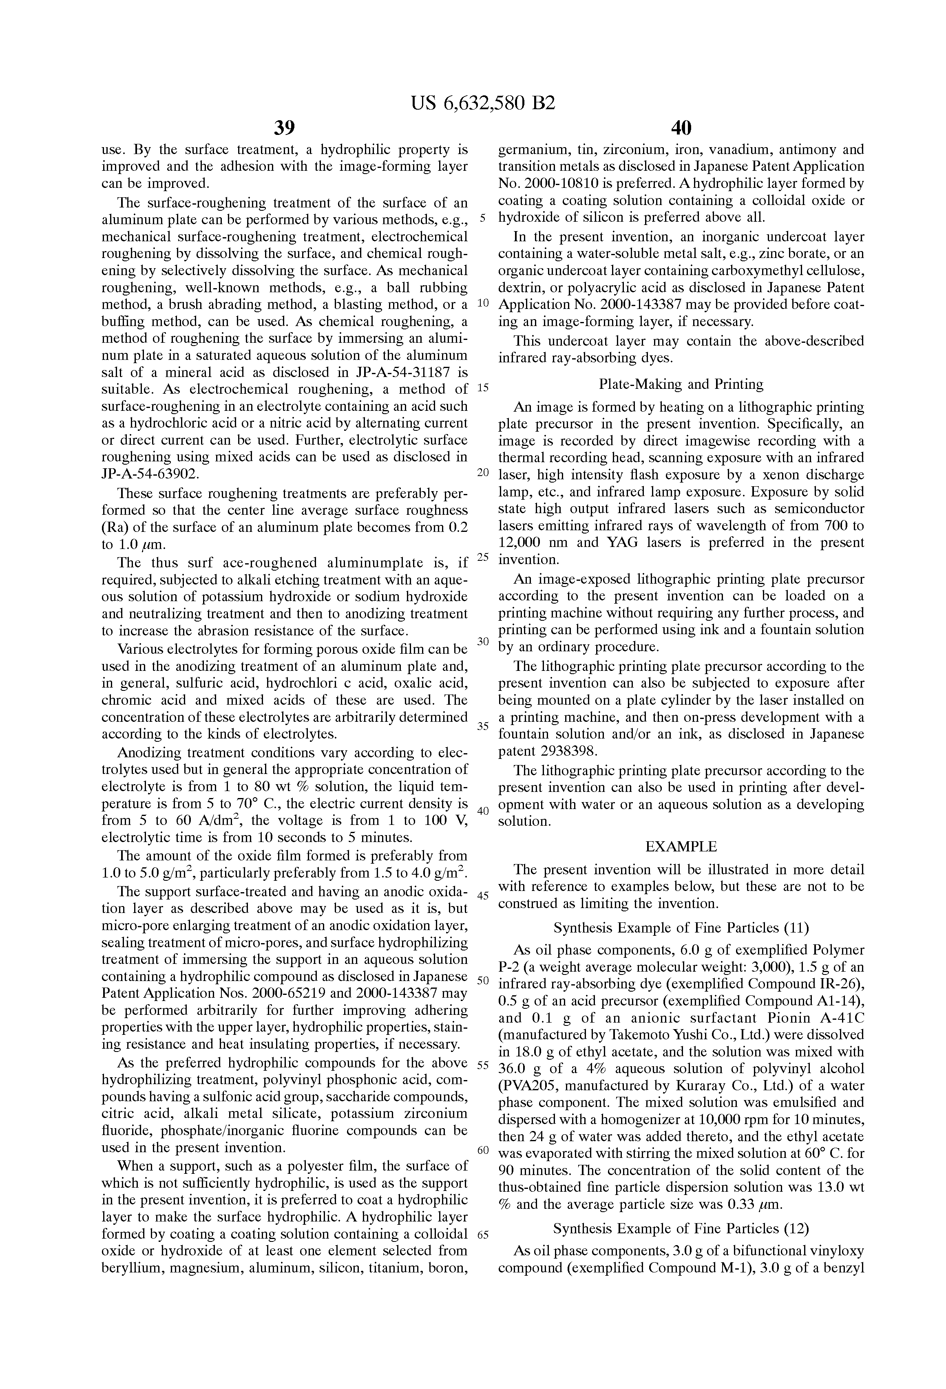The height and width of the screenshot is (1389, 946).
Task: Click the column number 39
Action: click(x=284, y=128)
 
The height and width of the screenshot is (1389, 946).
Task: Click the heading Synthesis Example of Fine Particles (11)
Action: click(x=681, y=928)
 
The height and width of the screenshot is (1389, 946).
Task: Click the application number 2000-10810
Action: click(x=566, y=183)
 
